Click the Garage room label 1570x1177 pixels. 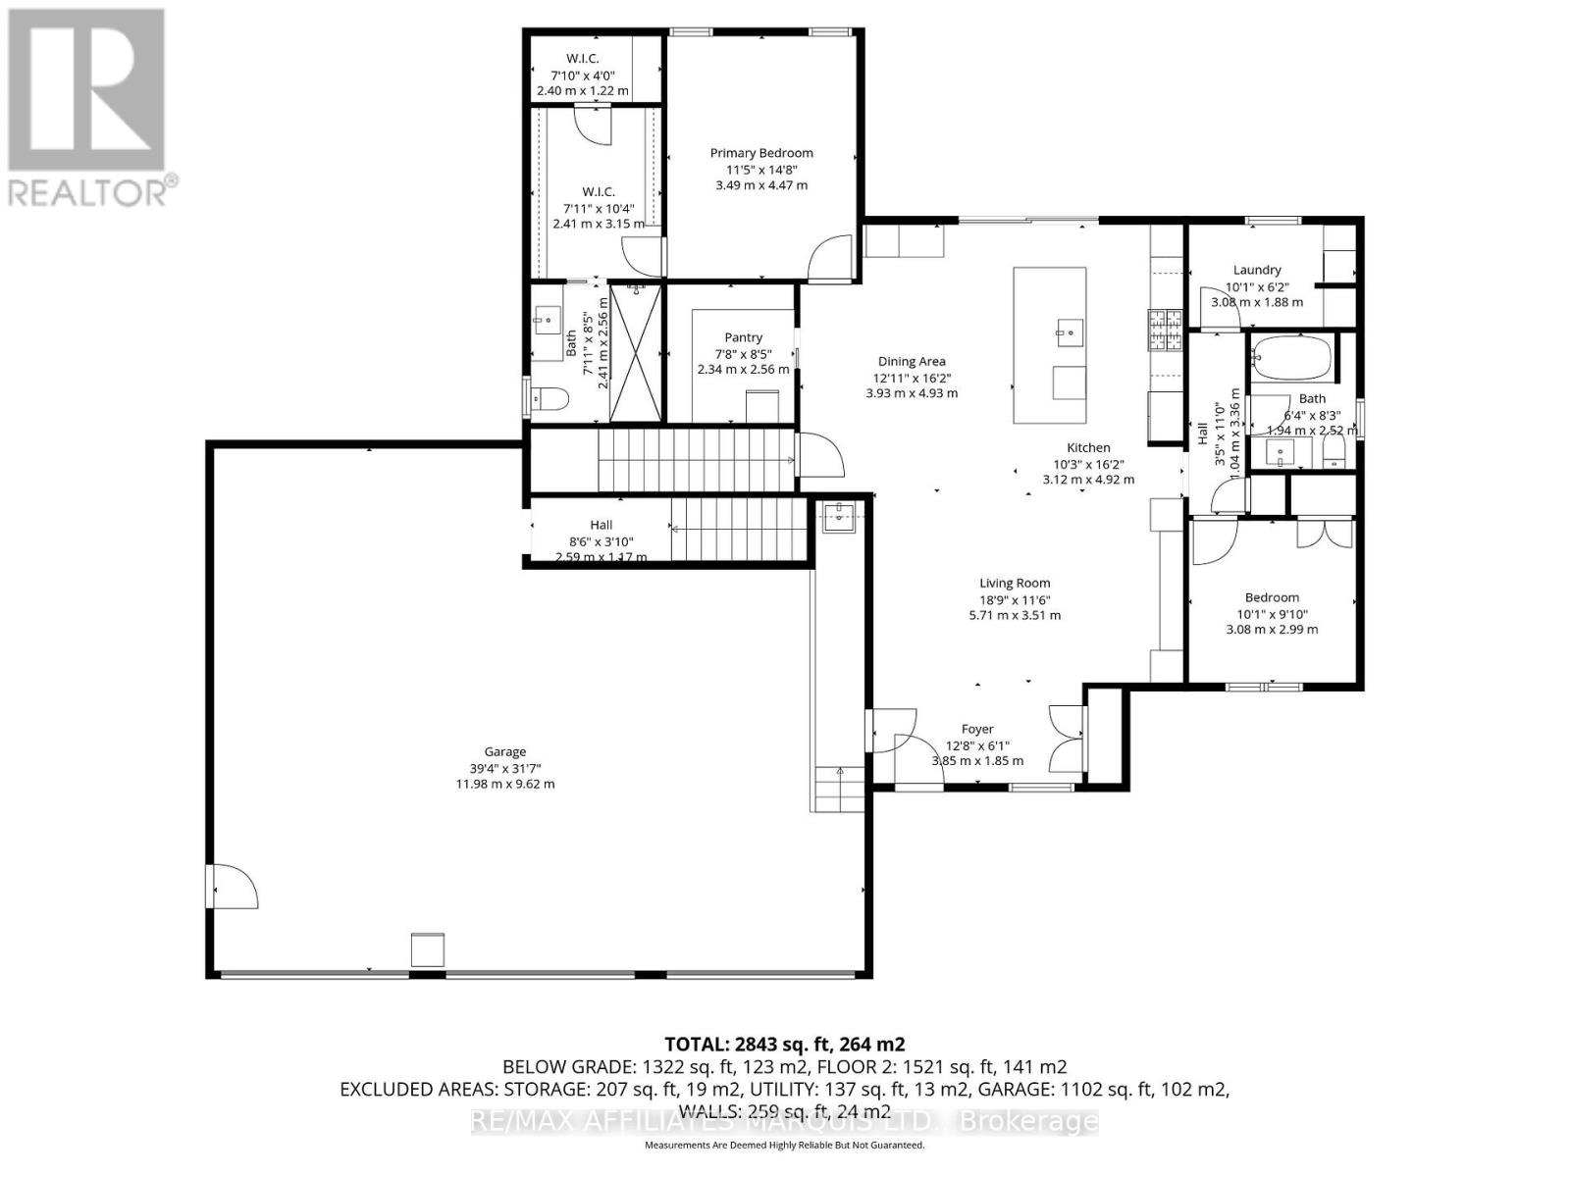pos(504,752)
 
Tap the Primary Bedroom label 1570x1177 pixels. pos(761,153)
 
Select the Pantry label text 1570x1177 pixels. pos(743,337)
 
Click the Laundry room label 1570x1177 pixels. pos(1257,270)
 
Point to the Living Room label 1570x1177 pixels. pos(1015,583)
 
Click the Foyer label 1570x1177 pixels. pos(977,729)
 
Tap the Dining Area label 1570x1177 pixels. pos(912,361)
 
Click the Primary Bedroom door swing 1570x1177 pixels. pos(828,257)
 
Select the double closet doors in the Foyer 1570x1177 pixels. pos(1066,738)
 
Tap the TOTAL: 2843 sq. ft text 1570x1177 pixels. pos(784,1044)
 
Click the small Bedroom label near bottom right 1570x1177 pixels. pos(1272,597)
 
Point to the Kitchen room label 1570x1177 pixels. pos(1088,447)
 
